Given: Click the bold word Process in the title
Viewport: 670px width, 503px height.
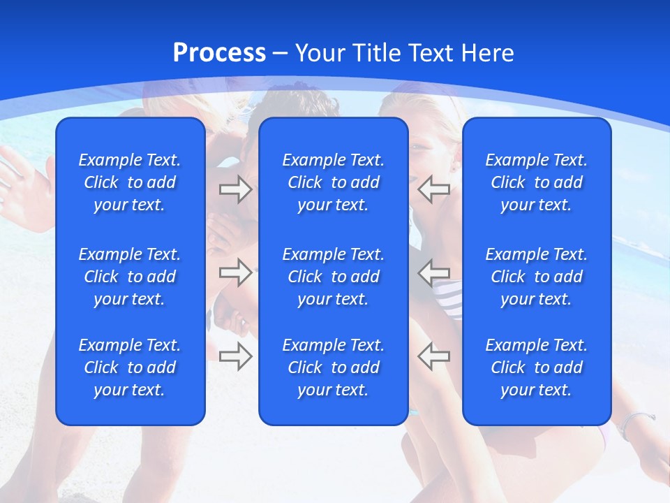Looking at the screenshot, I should tap(219, 53).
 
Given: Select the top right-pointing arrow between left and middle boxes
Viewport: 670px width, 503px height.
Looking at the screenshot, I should tap(235, 189).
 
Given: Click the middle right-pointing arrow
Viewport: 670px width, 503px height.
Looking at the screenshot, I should tap(235, 272).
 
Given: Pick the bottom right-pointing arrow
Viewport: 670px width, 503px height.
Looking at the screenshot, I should tap(235, 356).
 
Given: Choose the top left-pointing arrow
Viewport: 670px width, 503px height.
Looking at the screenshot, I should tap(433, 189).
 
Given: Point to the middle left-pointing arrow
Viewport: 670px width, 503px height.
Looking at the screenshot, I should tap(433, 272).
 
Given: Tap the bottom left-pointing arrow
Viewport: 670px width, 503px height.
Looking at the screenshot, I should tap(433, 356).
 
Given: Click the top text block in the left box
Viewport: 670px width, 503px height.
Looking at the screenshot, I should tap(130, 182).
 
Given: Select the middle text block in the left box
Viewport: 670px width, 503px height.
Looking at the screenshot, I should tap(130, 277).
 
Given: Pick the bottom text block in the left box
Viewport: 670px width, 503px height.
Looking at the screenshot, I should tap(130, 367).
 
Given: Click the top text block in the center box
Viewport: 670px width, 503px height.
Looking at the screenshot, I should tap(333, 182).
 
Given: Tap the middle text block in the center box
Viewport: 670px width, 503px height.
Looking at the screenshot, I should tap(333, 277).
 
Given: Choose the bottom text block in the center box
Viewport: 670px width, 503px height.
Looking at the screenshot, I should tap(333, 367).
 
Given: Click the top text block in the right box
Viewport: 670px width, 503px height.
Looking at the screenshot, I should tap(536, 182).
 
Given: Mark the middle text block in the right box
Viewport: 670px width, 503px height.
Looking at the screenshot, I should tap(536, 277).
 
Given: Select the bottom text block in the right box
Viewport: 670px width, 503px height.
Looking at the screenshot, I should tap(536, 367).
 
